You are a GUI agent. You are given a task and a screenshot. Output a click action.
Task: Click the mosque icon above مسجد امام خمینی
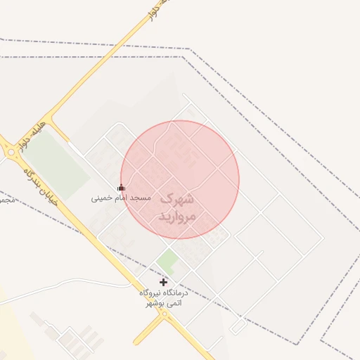click(x=122, y=188)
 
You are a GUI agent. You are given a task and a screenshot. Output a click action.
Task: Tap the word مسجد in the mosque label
click(x=141, y=198)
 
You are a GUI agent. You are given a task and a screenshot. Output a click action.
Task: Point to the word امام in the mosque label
click(x=121, y=198)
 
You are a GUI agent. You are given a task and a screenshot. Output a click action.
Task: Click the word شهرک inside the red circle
click(x=176, y=199)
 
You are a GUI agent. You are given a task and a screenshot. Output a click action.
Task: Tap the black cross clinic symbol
click(x=164, y=282)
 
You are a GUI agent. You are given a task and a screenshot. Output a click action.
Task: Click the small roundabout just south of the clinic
click(x=165, y=314)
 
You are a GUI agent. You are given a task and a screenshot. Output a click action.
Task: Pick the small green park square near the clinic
click(x=167, y=261)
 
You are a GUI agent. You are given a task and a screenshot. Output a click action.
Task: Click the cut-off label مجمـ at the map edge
click(x=5, y=200)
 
